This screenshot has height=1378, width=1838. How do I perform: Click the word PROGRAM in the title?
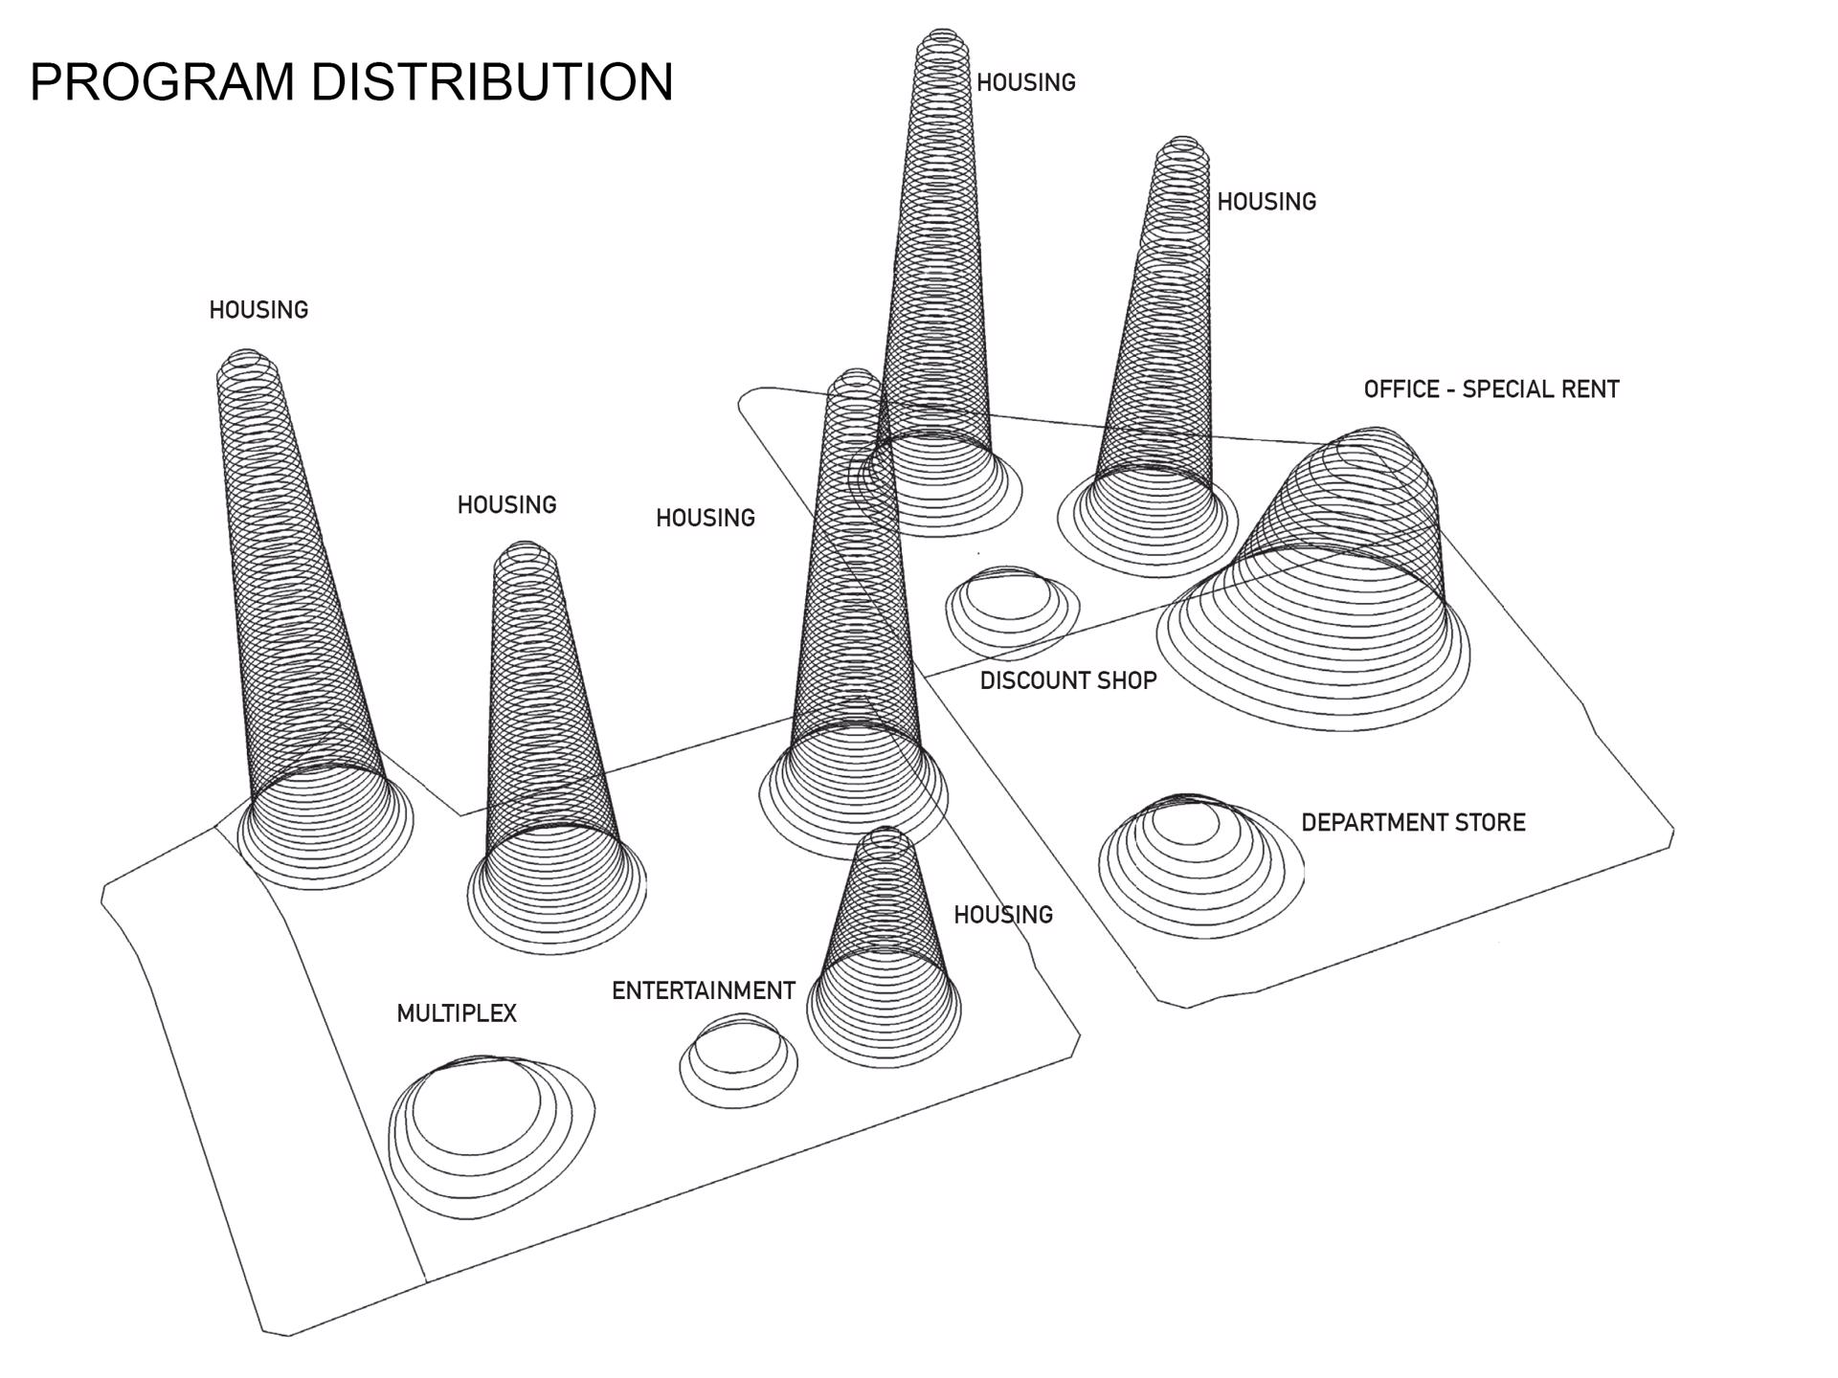click(163, 81)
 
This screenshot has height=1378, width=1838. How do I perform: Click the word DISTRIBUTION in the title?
click(492, 81)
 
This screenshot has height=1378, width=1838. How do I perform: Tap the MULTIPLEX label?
click(457, 1013)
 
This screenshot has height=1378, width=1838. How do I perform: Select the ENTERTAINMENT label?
click(704, 990)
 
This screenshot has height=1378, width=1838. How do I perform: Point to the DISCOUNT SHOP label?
click(1068, 680)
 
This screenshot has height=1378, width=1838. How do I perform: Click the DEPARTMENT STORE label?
click(1413, 822)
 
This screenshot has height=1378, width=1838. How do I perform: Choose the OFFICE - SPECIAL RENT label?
click(1491, 389)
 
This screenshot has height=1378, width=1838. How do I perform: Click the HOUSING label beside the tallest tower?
click(1026, 83)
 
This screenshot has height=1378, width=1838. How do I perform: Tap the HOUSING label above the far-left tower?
click(258, 310)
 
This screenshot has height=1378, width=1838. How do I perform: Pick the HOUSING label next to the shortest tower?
click(1003, 915)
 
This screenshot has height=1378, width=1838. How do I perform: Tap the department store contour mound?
click(1197, 861)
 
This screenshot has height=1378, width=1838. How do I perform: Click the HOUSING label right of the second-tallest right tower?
click(1266, 202)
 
